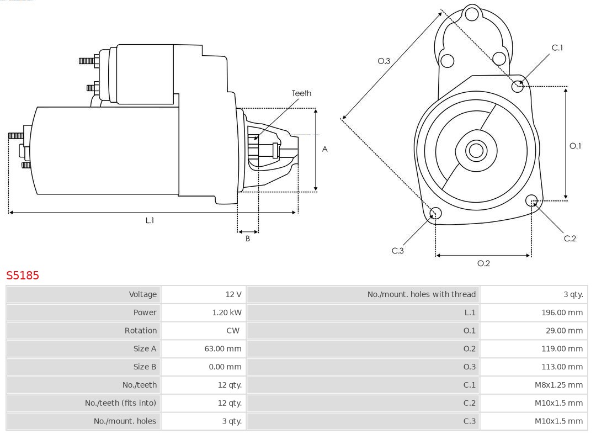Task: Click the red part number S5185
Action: tap(23, 275)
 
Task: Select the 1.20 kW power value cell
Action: tap(227, 313)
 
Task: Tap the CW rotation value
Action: tap(232, 331)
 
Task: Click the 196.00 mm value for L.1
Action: tap(561, 313)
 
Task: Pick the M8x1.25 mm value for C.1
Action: tap(558, 385)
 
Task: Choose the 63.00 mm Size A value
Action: tap(222, 348)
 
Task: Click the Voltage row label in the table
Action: tap(142, 294)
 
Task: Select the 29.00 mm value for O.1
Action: tap(563, 331)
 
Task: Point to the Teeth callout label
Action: tap(301, 93)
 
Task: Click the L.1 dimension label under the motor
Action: tap(150, 220)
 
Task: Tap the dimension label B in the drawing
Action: tap(248, 239)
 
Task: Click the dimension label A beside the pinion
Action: tap(324, 149)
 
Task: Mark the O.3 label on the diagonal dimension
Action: tap(384, 61)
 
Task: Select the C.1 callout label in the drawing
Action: tap(557, 47)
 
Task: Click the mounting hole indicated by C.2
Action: tap(531, 200)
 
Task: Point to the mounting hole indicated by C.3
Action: tap(435, 213)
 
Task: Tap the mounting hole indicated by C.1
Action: tap(518, 86)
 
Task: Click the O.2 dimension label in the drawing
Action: tap(483, 263)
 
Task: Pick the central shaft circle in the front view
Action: tap(475, 150)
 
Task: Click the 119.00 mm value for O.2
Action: tap(561, 348)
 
